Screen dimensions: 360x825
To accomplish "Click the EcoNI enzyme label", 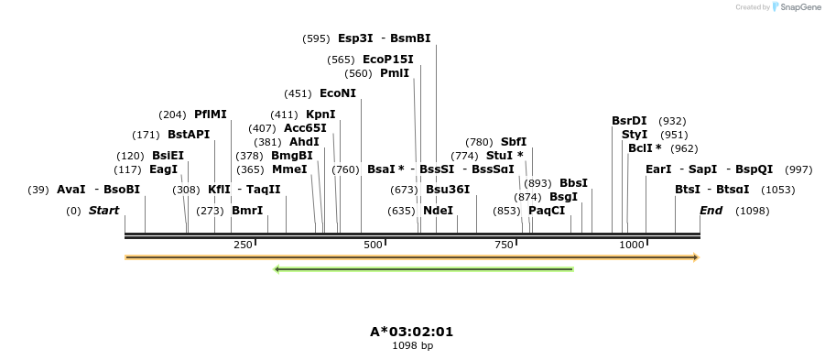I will [x=337, y=93].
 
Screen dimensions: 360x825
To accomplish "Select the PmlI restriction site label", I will [x=395, y=73].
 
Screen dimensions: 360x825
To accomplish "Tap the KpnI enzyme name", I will [x=320, y=115].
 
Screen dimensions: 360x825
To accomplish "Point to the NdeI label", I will [x=438, y=211].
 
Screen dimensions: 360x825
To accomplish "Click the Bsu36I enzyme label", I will [x=448, y=190].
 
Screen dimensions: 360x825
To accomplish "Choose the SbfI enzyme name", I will [x=514, y=142].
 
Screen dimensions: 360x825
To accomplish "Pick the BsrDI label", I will [x=629, y=121].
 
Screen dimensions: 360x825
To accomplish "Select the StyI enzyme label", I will [x=635, y=135].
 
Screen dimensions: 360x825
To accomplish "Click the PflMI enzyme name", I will [x=211, y=115].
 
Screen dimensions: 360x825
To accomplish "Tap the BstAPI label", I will [x=189, y=135].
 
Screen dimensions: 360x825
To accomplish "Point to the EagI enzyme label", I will [x=163, y=169].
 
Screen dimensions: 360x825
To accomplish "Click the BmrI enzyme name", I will [x=247, y=211].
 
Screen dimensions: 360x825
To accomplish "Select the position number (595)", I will [x=316, y=38].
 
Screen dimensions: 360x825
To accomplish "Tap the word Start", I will [x=103, y=211].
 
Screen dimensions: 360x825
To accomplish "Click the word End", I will [x=711, y=211].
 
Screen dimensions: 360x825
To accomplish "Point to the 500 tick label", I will [x=373, y=245].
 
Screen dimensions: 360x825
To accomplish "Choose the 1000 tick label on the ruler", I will [x=632, y=245].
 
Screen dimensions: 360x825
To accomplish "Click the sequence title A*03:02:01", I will [x=412, y=332].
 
